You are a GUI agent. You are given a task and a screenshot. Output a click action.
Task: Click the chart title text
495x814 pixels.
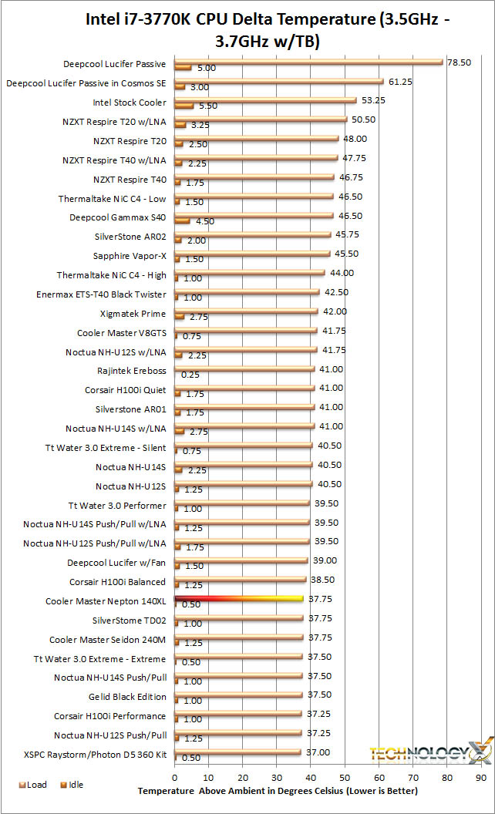[247, 29]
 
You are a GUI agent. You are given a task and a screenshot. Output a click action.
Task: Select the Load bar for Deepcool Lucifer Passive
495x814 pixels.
[308, 61]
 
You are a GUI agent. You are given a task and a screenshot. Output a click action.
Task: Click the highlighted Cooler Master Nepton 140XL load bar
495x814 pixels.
[239, 597]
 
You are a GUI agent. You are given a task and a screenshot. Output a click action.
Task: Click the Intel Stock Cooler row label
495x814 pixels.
[129, 103]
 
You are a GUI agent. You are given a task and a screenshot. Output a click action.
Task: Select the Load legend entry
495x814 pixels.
[32, 785]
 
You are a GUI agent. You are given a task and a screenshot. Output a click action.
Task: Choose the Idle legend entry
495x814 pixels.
[70, 785]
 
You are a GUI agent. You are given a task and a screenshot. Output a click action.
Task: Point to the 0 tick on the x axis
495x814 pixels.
[175, 776]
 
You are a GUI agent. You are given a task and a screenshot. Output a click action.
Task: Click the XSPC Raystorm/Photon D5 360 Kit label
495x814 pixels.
[95, 754]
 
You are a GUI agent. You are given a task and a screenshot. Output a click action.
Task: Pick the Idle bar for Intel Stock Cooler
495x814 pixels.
[184, 106]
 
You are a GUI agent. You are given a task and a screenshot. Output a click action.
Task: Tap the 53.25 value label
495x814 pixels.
[372, 100]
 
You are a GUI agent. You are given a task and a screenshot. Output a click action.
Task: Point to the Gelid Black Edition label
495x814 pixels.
[128, 697]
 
